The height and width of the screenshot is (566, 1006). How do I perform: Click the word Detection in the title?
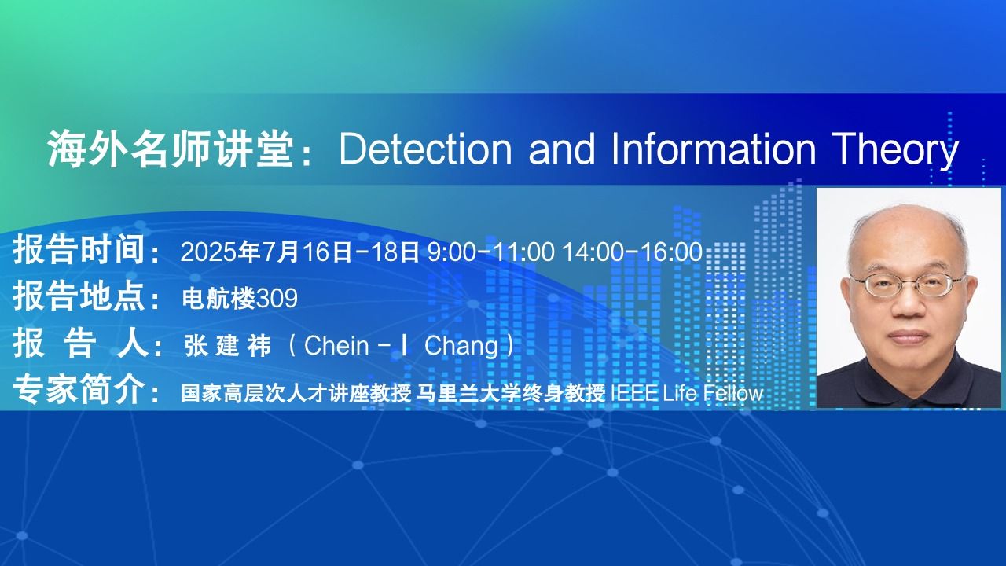pos(425,149)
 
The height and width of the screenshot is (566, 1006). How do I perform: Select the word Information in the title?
pos(714,149)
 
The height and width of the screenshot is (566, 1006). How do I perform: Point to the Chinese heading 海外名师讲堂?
pos(171,149)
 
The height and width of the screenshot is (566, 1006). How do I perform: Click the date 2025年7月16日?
pos(266,252)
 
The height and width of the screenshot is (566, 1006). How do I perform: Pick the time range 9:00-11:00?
pos(491,252)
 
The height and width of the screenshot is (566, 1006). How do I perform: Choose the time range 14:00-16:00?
pos(633,252)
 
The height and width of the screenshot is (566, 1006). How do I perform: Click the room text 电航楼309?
pos(240,298)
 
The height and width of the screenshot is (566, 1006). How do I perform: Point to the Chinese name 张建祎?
pos(228,346)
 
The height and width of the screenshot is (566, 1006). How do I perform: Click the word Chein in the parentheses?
pos(336,346)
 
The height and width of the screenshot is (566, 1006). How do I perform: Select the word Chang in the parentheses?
pos(461,347)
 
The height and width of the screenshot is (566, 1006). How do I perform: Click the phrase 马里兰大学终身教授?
pos(511,394)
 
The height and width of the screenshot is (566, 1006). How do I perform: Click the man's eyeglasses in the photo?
pos(907,285)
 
